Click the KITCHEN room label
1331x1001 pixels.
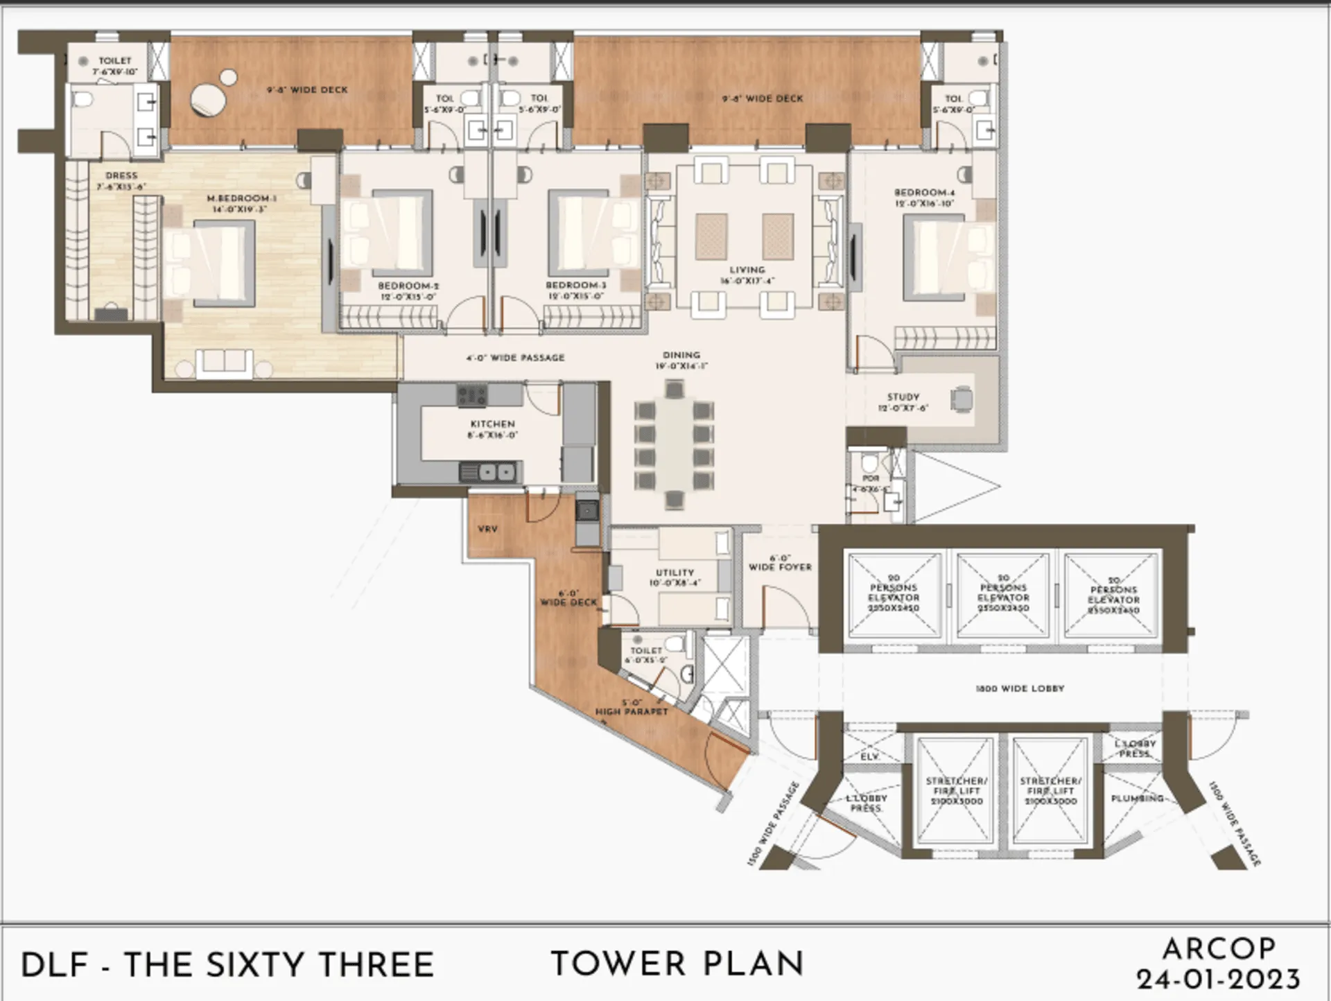(492, 424)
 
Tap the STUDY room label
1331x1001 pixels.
(903, 397)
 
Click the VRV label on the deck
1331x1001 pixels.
(487, 529)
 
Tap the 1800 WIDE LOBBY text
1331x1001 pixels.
(1019, 688)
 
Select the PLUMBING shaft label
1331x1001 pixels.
(1136, 798)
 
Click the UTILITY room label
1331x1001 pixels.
(675, 573)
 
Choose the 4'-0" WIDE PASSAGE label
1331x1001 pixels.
(515, 358)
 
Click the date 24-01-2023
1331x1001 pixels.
(1218, 980)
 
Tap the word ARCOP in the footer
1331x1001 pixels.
(1218, 949)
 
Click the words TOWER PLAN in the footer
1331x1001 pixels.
(677, 964)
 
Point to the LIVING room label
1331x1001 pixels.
(747, 270)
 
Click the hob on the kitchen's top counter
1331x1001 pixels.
(471, 396)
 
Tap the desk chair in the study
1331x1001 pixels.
(962, 398)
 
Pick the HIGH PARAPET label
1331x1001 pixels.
(632, 711)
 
